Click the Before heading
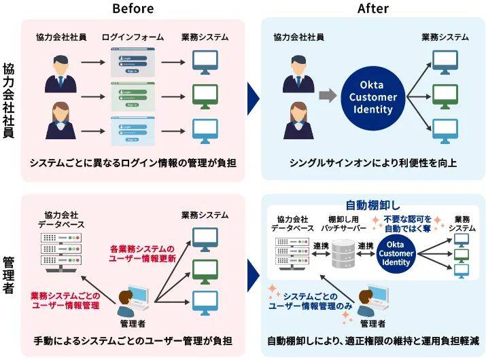coord(133,8)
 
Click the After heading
coord(373,8)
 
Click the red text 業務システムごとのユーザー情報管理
coord(65,300)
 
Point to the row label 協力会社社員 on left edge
coord(9,100)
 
